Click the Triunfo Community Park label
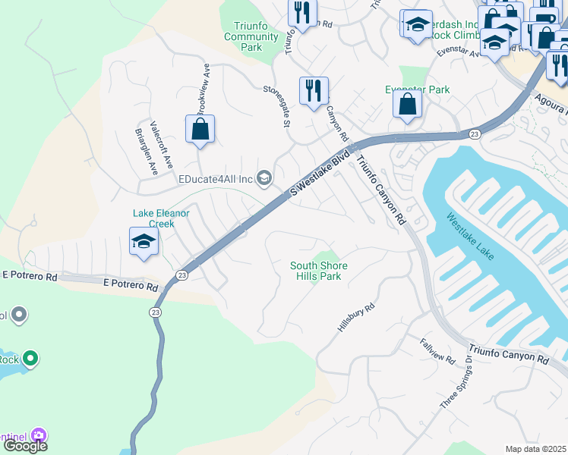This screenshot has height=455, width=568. point(252,36)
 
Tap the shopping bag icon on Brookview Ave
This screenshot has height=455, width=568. point(200,130)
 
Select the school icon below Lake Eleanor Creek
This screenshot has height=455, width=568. point(144,243)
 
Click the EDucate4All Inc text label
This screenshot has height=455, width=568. point(216,179)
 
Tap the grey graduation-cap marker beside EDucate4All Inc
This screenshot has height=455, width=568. point(264,179)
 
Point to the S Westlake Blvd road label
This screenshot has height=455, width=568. point(320,174)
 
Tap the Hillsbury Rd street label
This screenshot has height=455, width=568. point(357,318)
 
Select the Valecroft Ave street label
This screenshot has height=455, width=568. point(161,144)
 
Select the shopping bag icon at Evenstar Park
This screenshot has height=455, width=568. point(408,105)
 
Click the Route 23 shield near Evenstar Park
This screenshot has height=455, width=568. point(473,133)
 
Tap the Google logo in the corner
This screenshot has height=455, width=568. point(25,446)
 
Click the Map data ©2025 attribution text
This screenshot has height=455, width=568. point(535,449)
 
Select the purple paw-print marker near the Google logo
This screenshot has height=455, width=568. point(39,436)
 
